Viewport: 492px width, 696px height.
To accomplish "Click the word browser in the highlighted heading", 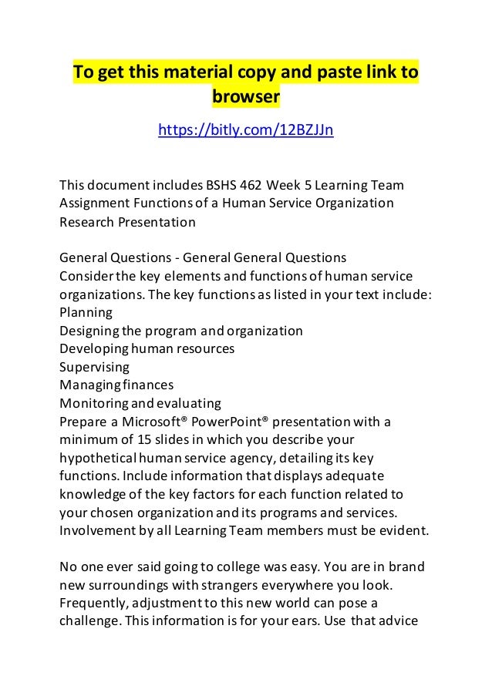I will pos(245,98).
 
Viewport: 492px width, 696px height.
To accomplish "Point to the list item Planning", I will pos(86,312).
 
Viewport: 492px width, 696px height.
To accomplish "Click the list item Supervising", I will pos(94,367).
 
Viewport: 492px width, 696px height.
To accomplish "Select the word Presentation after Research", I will pos(156,222).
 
